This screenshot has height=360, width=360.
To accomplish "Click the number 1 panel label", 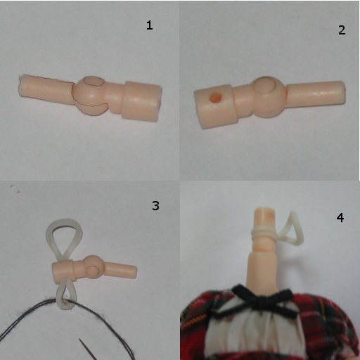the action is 150,25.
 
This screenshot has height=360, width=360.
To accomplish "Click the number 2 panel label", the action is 342,30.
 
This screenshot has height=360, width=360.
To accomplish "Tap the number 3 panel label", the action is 155,206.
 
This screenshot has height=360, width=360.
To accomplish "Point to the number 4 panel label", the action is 340,217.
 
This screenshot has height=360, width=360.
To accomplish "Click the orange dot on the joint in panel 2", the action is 216,98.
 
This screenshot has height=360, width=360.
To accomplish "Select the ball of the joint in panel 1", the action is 90,96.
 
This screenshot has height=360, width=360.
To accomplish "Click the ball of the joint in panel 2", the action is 269,96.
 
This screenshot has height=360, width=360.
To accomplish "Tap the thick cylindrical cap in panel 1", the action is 141,101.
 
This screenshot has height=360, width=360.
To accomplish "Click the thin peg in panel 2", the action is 316,94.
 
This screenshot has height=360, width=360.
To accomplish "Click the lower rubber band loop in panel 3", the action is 66,295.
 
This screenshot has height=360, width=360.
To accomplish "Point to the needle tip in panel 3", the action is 79,339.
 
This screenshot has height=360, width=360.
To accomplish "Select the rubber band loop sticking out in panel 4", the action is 292,229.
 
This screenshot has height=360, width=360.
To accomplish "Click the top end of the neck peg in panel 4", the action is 264,209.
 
